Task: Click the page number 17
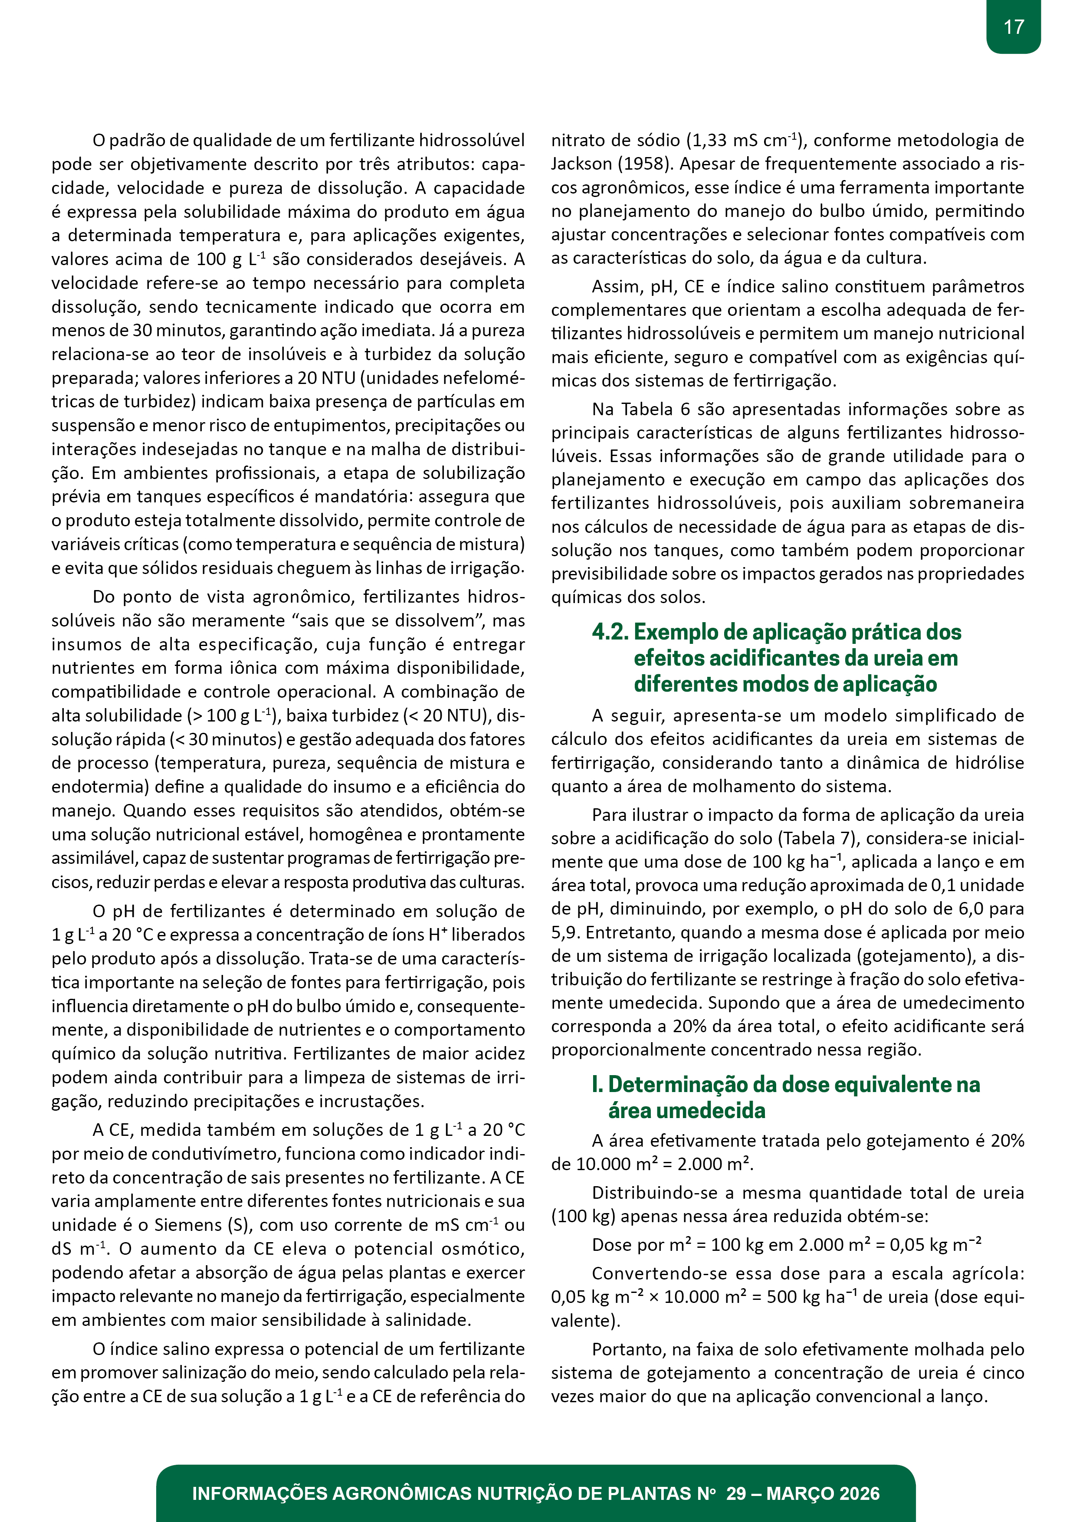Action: click(1013, 27)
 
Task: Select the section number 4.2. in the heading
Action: click(610, 632)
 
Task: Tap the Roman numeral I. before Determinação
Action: click(597, 1085)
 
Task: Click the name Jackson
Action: click(581, 164)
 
